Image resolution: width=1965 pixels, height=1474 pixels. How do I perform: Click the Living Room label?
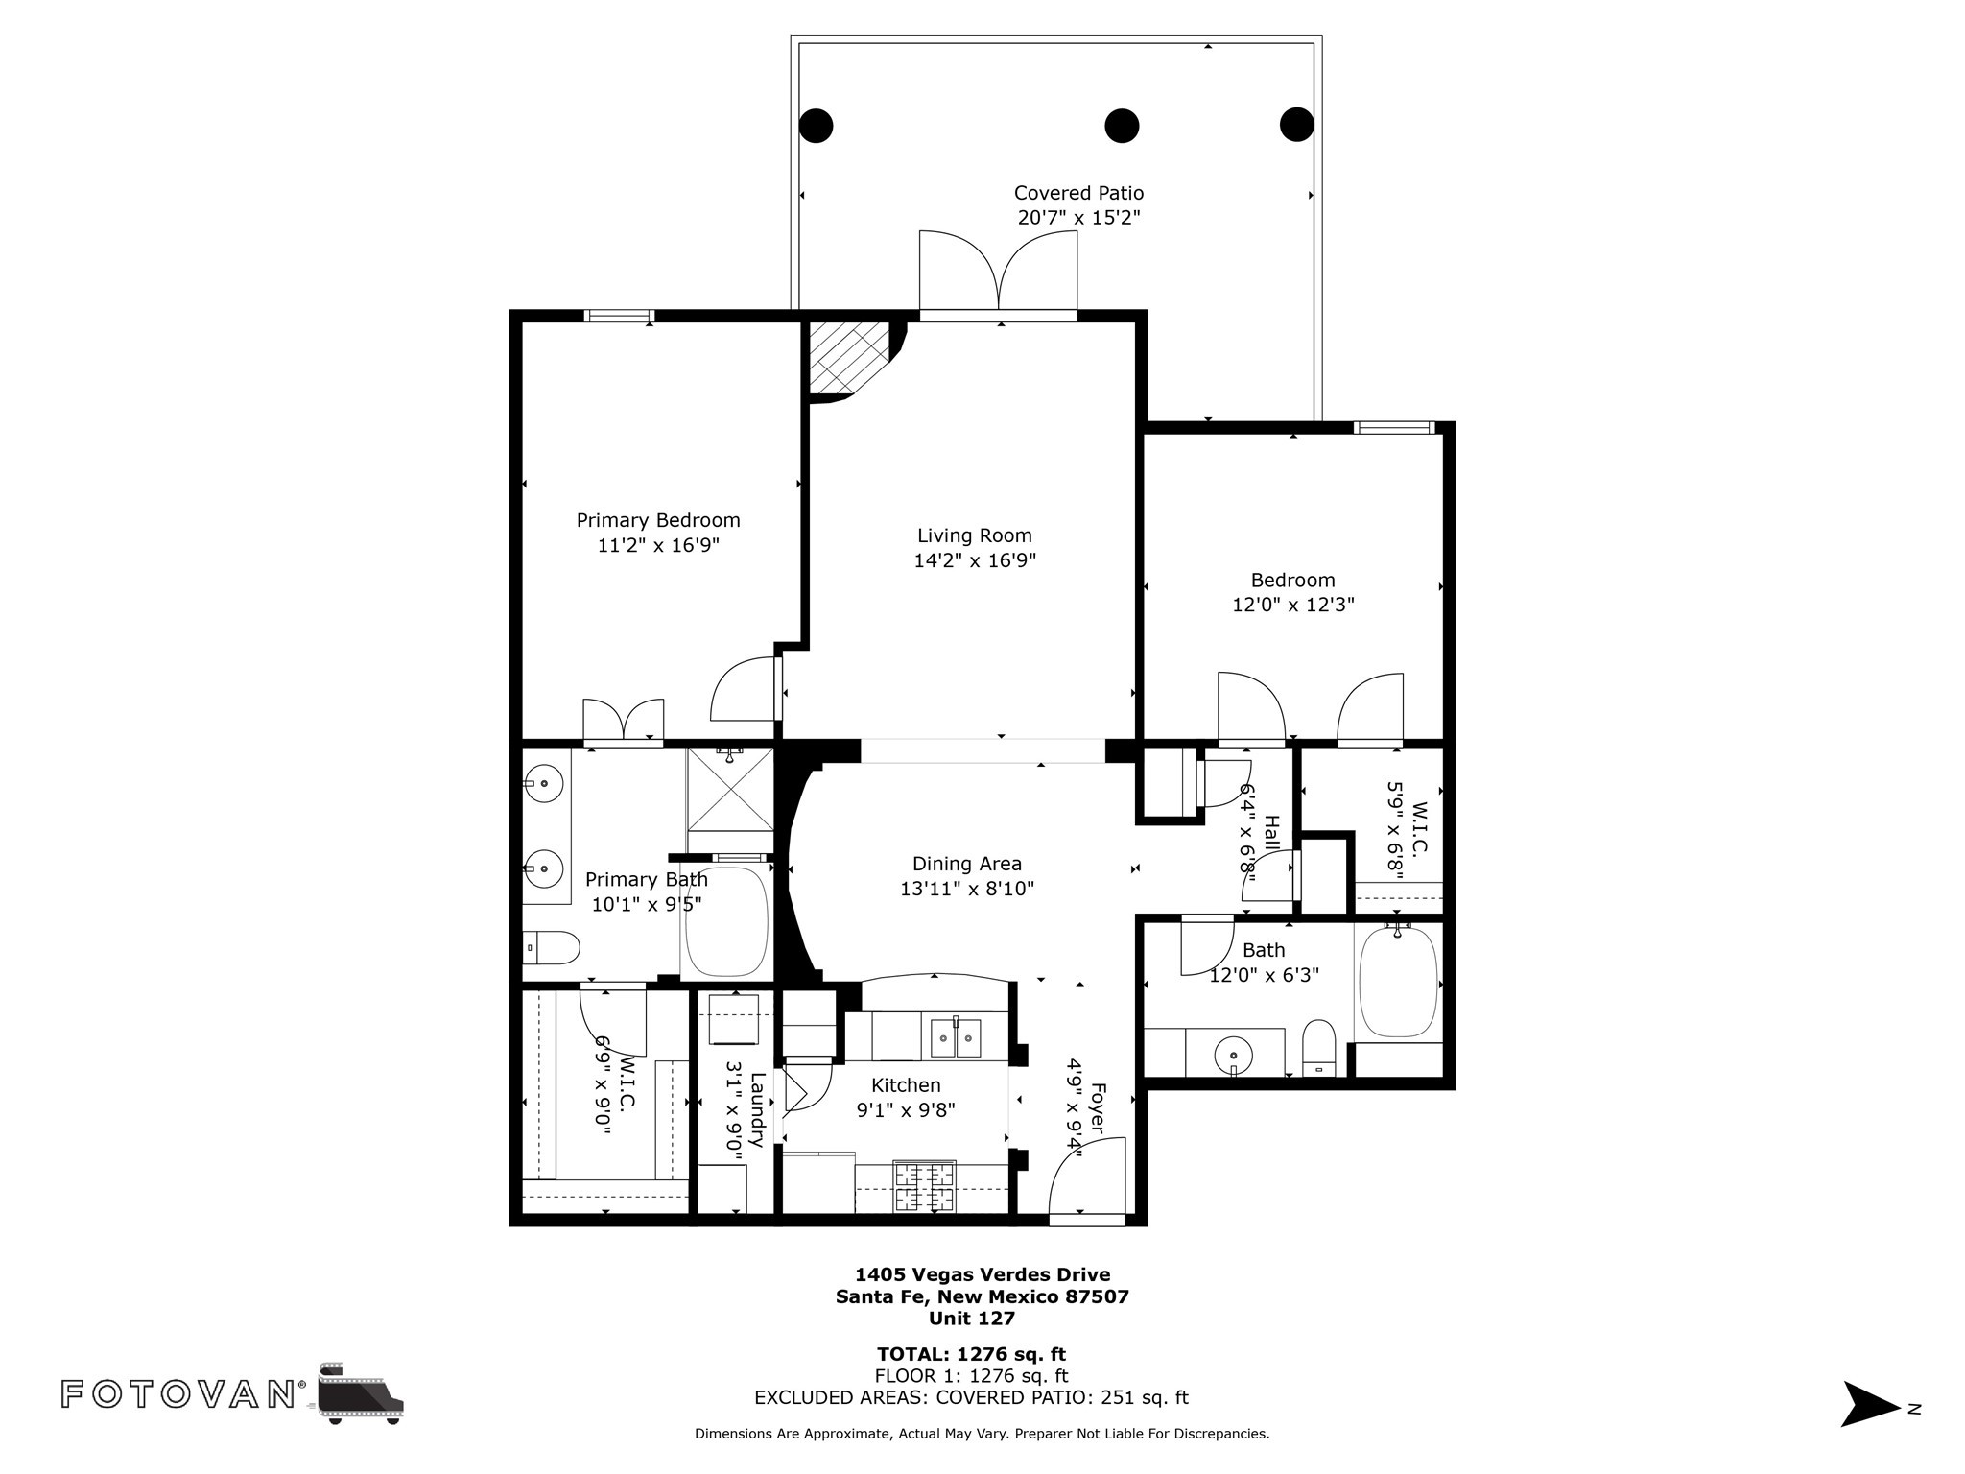click(x=974, y=535)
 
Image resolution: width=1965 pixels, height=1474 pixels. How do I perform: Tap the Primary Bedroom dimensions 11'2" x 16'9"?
click(x=658, y=545)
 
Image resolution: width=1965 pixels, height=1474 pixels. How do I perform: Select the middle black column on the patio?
click(x=1122, y=125)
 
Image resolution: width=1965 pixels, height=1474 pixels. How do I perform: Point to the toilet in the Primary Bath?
click(x=552, y=947)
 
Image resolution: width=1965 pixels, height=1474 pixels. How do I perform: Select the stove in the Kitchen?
click(x=925, y=1187)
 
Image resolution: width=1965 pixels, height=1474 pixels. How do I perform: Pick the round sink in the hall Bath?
click(x=1233, y=1057)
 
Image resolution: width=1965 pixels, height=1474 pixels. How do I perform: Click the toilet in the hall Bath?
click(x=1319, y=1048)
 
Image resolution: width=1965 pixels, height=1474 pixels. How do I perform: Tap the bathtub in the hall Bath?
click(x=1398, y=981)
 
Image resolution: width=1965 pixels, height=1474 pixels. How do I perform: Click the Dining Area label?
click(x=967, y=864)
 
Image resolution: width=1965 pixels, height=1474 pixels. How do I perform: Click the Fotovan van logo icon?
click(x=361, y=1393)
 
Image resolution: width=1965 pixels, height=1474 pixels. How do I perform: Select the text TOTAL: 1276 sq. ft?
click(x=971, y=1354)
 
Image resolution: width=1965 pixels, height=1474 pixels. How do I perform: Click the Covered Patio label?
click(x=1079, y=193)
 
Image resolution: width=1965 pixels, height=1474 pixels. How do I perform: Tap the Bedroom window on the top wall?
click(x=1394, y=427)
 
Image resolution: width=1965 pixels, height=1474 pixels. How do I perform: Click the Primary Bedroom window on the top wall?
click(x=620, y=316)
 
